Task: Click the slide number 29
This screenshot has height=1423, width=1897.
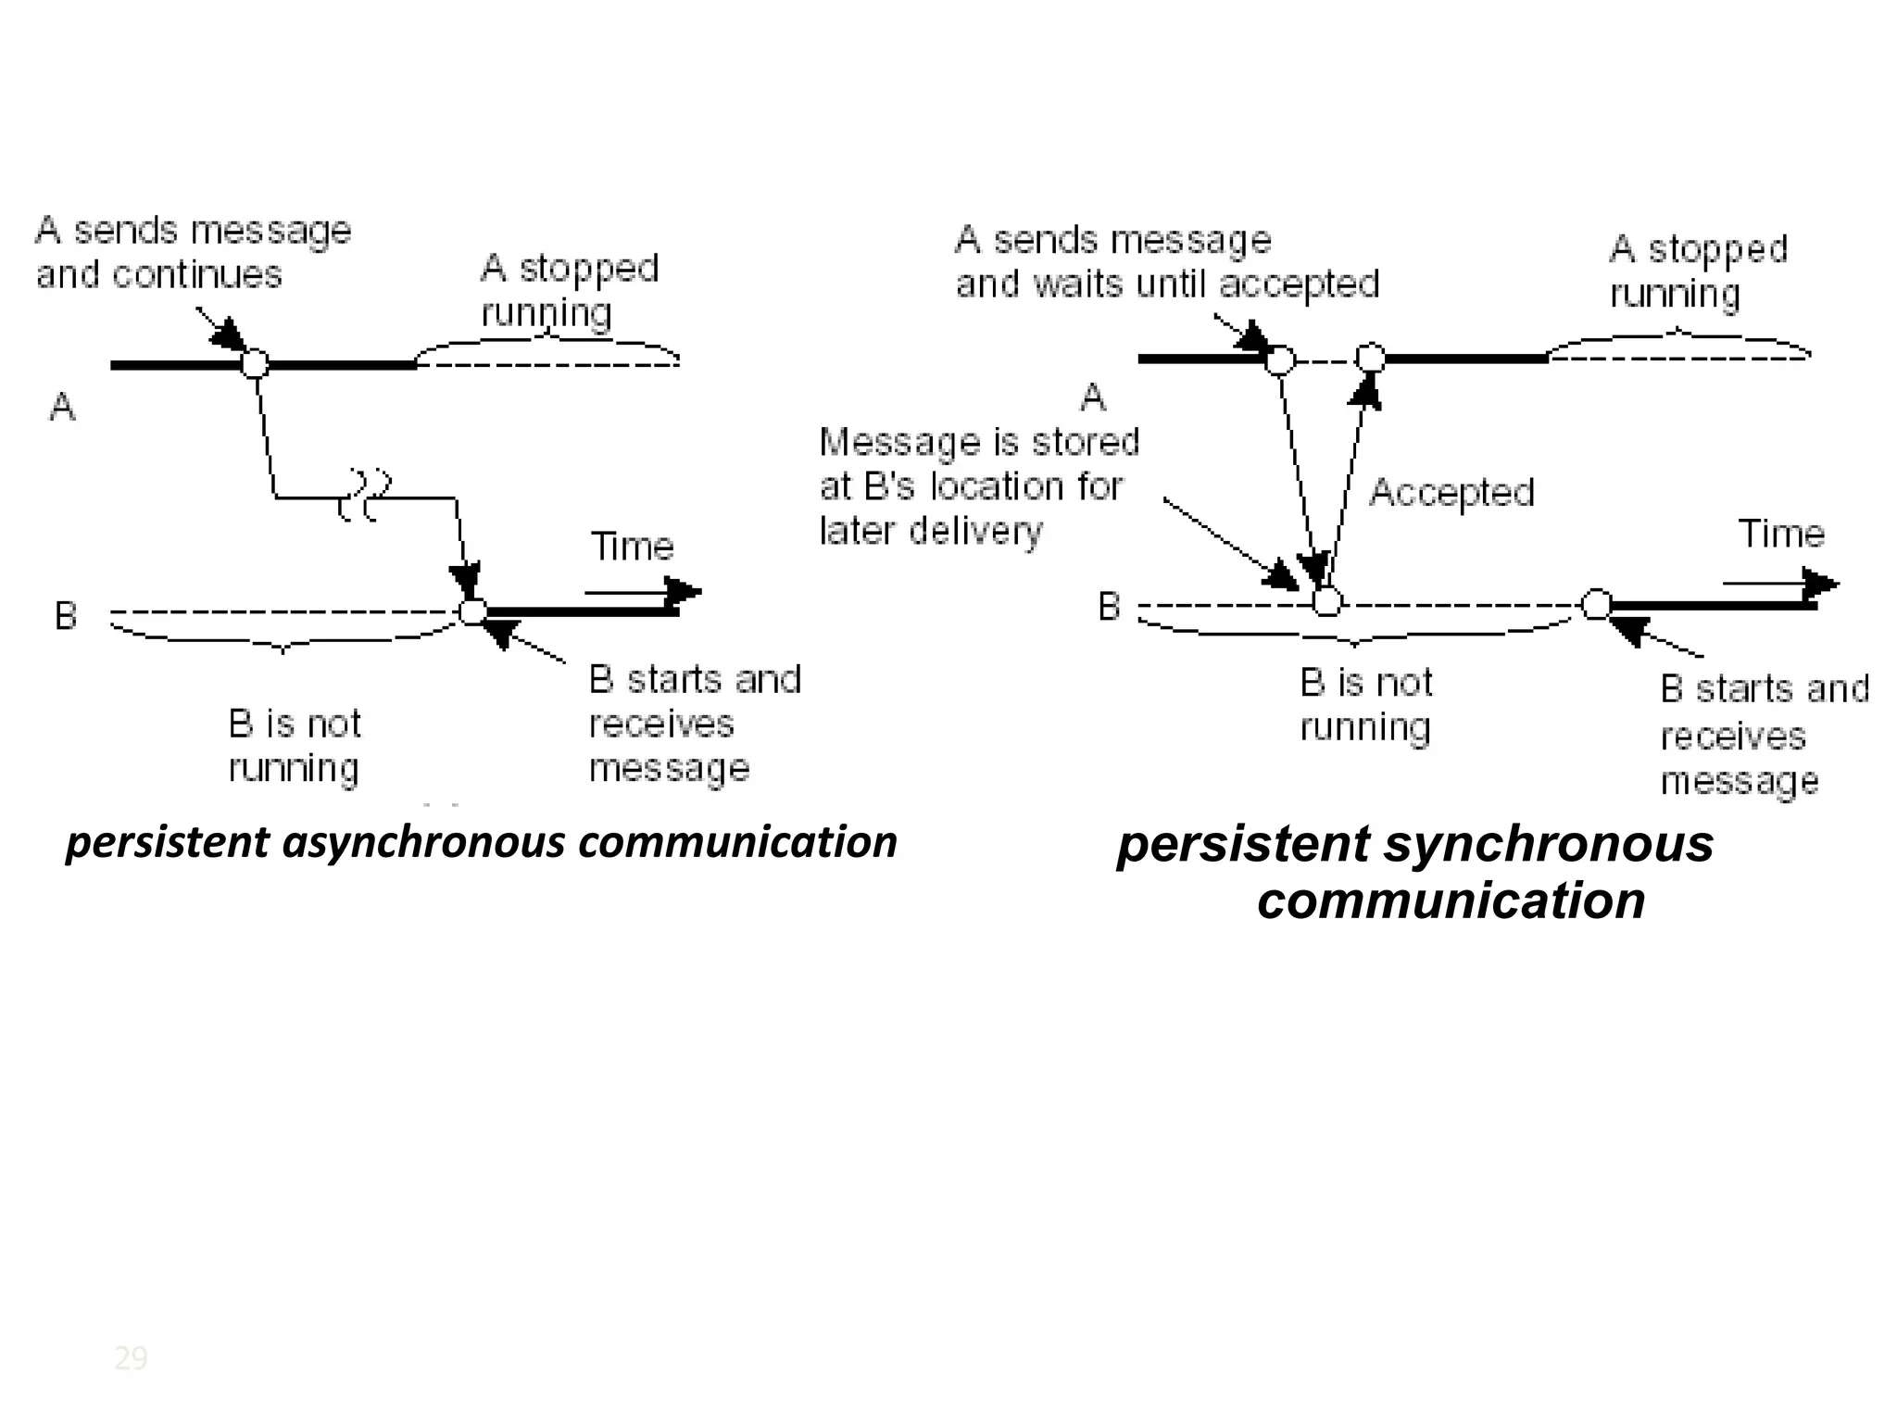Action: tap(131, 1358)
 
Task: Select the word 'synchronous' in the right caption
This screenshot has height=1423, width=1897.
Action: tap(1549, 844)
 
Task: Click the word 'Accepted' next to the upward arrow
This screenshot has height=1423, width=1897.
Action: tap(1451, 492)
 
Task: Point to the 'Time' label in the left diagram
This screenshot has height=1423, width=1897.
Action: tap(632, 547)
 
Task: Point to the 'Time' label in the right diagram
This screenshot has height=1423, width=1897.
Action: tap(1780, 534)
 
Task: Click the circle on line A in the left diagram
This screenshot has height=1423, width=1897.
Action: tap(255, 363)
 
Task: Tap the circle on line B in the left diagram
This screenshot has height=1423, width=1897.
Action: tap(473, 611)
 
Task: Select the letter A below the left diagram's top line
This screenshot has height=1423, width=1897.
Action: tap(62, 406)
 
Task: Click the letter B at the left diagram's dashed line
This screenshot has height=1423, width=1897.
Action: tap(66, 615)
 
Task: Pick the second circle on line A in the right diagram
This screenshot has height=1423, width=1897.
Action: tap(1370, 358)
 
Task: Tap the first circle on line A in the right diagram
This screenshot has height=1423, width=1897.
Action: tap(1279, 359)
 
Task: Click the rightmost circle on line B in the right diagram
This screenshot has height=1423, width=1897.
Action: tap(1596, 604)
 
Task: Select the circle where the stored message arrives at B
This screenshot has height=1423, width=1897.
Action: tap(1326, 602)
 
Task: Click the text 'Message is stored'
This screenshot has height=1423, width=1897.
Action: tap(979, 442)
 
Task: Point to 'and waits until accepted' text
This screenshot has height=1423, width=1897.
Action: tap(1167, 283)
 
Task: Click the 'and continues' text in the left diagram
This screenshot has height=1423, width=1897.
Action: tap(158, 274)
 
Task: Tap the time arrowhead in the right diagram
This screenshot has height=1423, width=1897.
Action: tap(1822, 584)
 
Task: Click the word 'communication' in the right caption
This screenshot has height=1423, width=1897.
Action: tap(1451, 900)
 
